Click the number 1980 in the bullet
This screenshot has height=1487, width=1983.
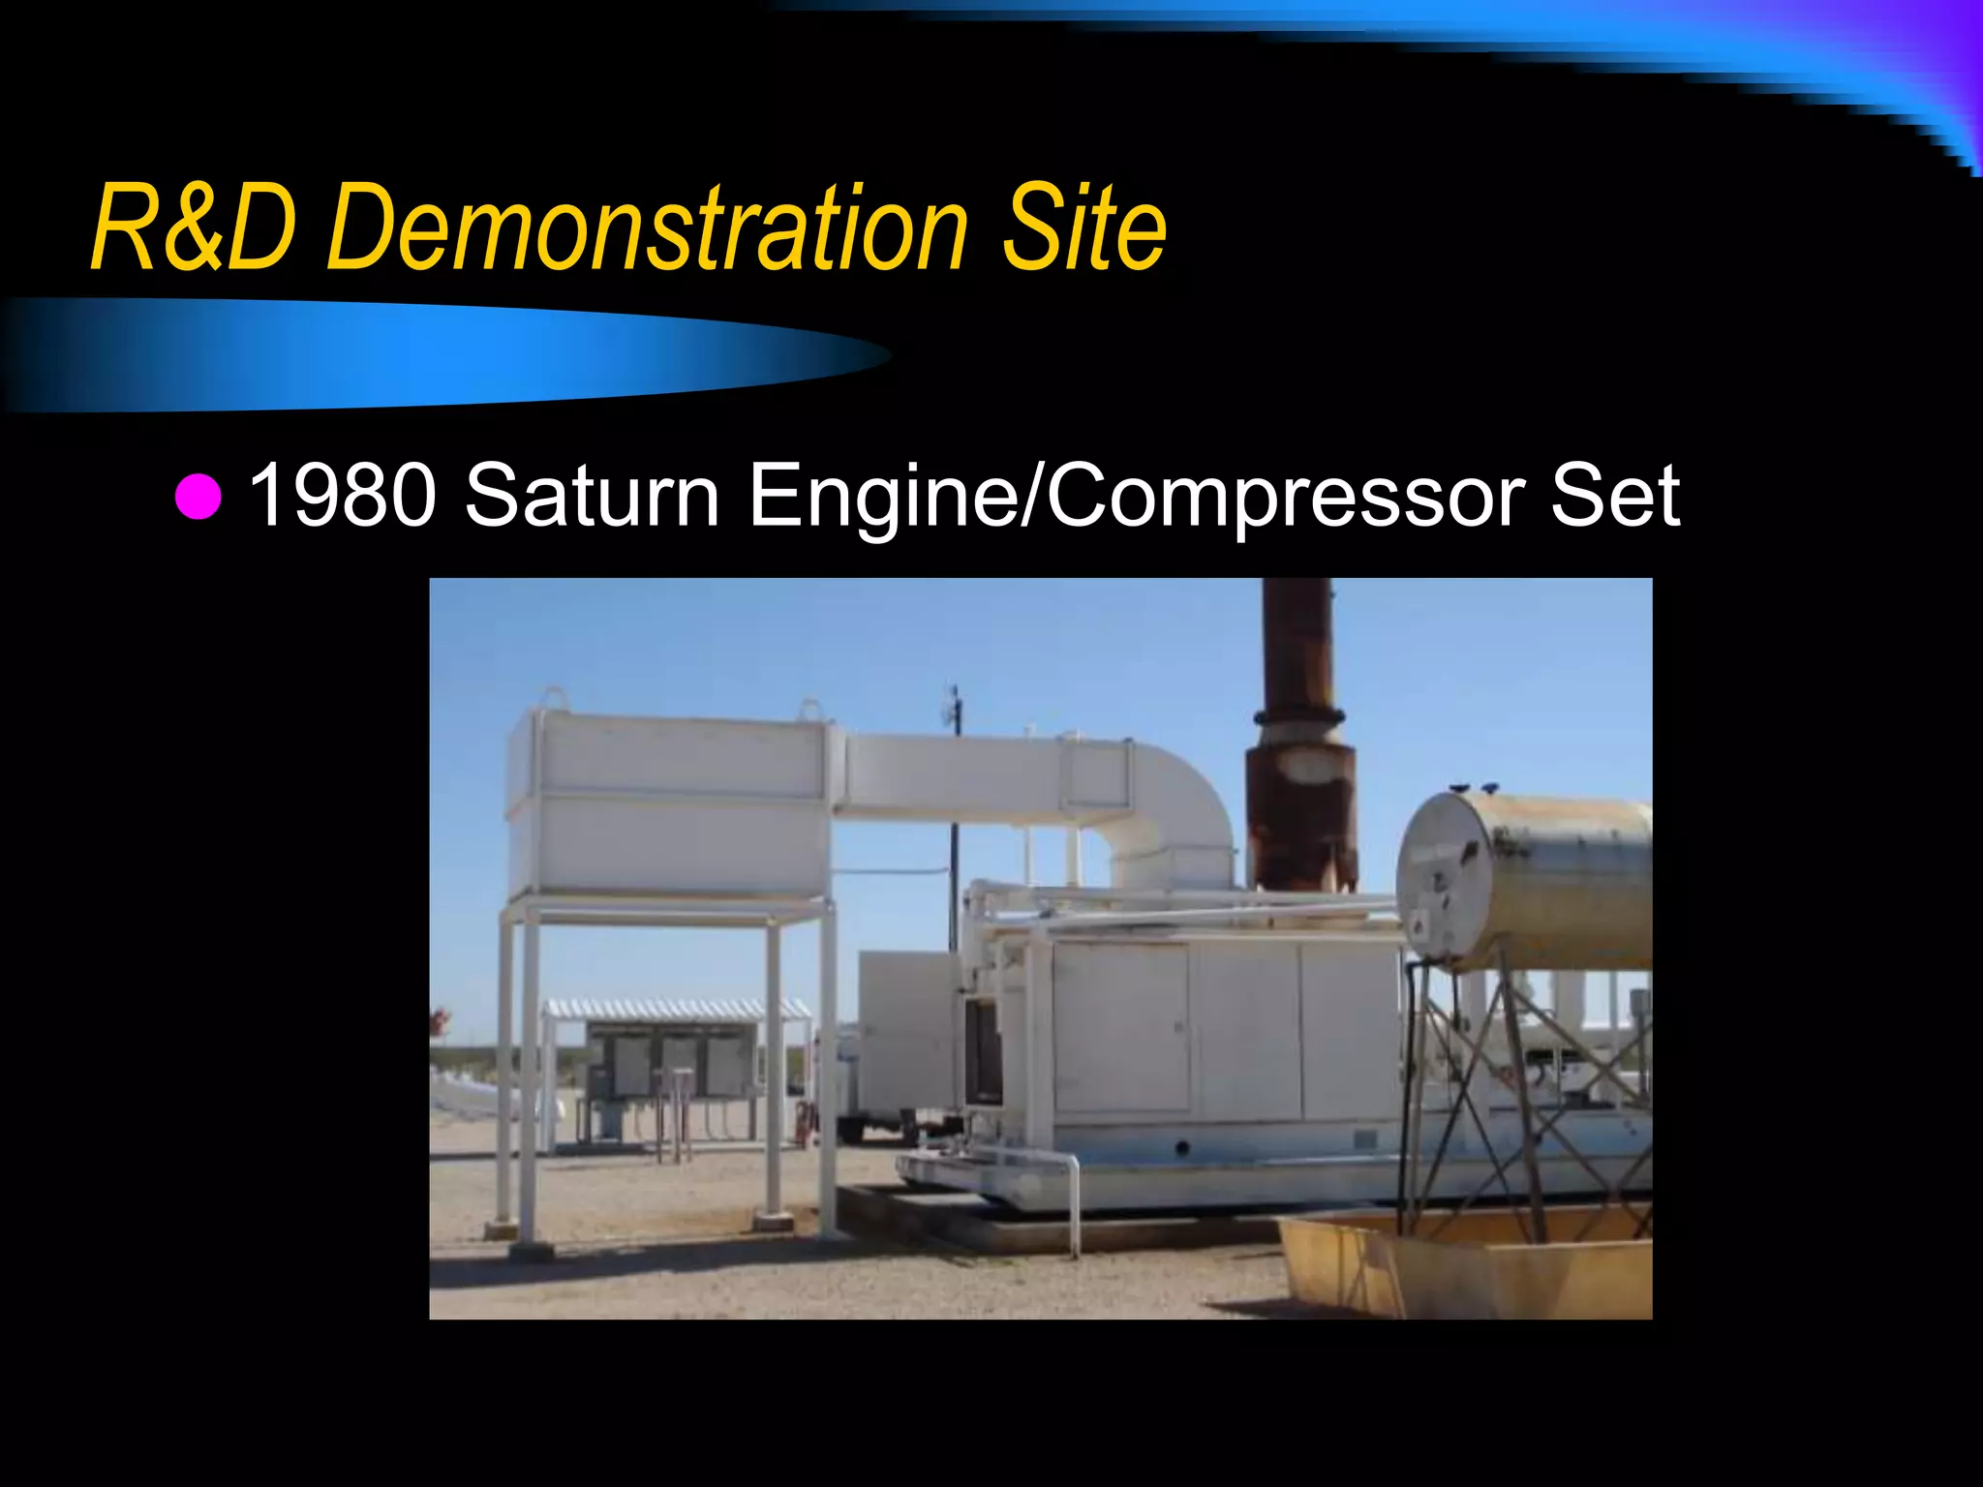(342, 495)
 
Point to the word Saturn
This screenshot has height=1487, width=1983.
(592, 495)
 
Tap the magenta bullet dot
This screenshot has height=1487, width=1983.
(198, 497)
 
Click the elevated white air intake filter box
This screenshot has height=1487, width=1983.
(668, 804)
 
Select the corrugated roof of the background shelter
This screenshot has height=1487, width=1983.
(678, 1010)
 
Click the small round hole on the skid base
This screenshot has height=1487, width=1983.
(1182, 1148)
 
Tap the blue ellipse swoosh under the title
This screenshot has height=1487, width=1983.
(436, 353)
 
